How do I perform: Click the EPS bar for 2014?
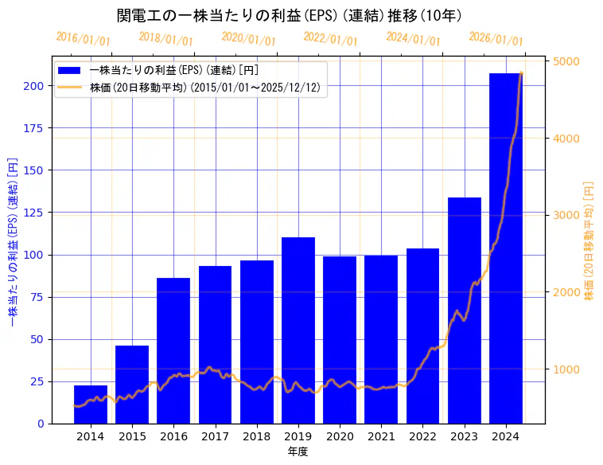point(91,404)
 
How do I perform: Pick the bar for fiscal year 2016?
point(173,350)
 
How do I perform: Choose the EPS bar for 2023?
point(465,311)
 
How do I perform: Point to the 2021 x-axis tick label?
point(381,436)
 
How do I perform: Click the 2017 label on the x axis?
point(215,436)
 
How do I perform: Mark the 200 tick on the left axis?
point(34,86)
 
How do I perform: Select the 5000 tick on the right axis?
point(566,61)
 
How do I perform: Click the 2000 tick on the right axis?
point(566,292)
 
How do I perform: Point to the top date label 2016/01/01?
point(84,39)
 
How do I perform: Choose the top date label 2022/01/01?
point(331,39)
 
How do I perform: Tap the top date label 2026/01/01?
point(496,39)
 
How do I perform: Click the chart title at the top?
point(289,15)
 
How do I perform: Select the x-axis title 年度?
point(298,451)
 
